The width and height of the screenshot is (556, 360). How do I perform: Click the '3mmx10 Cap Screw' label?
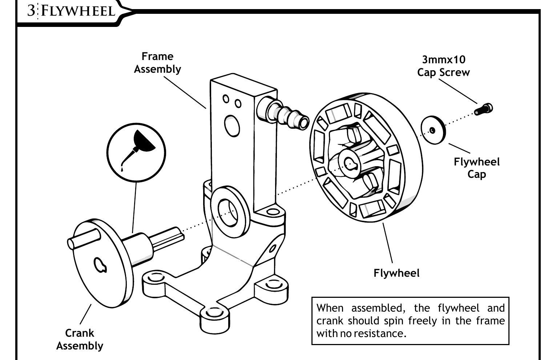443,66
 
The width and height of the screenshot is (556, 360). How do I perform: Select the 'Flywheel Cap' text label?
476,168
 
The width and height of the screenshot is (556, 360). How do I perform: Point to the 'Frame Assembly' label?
157,63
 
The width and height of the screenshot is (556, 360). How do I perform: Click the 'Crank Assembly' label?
80,339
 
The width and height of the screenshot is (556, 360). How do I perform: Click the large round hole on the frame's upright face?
232,126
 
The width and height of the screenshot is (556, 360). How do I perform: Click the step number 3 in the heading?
32,11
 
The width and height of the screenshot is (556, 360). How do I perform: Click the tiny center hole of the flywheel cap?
432,130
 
